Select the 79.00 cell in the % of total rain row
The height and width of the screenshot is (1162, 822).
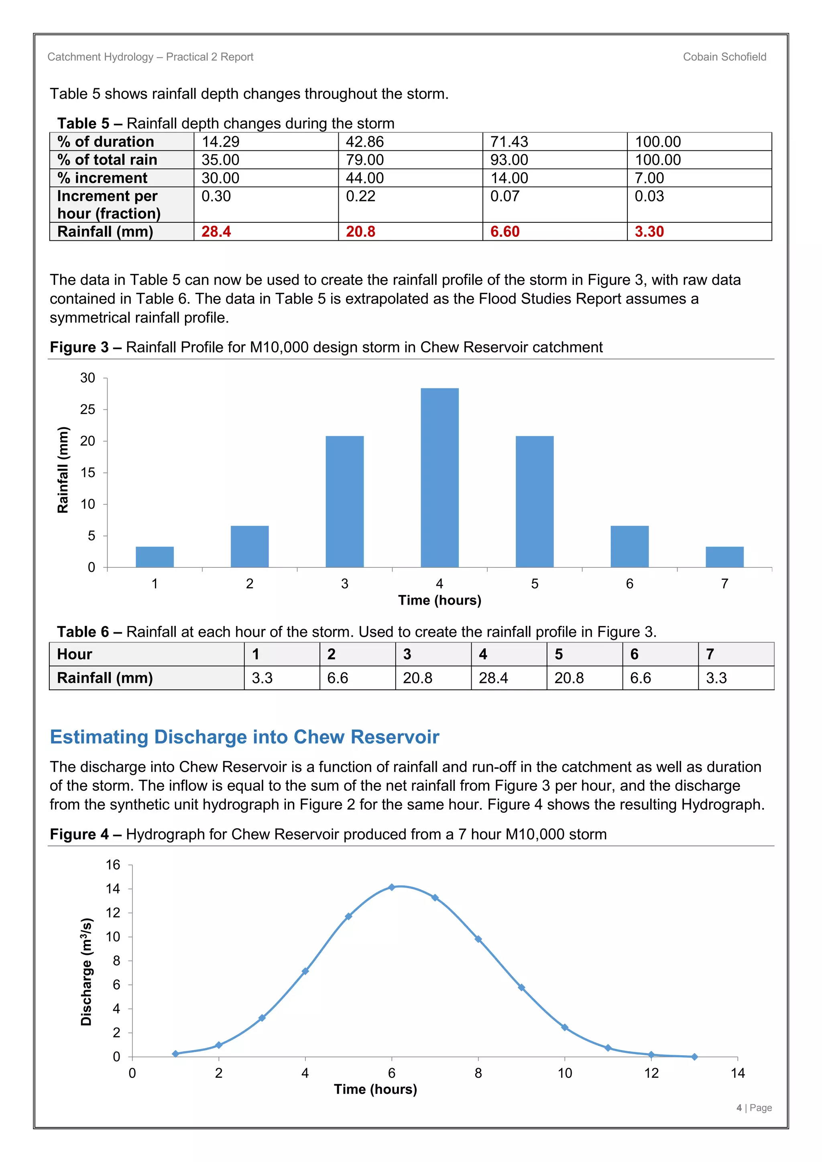pos(364,160)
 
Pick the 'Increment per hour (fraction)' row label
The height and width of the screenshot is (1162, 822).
pos(109,205)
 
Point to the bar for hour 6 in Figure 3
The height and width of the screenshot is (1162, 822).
pos(629,546)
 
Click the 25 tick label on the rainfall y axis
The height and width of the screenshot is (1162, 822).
pos(87,409)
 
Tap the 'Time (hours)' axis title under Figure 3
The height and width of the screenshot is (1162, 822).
pos(439,600)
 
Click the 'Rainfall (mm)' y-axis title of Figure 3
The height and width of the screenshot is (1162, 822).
pos(63,470)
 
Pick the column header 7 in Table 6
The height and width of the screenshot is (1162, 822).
pos(710,654)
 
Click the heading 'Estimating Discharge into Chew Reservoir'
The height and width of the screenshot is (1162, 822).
pos(244,737)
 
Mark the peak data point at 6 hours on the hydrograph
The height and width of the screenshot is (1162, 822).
pos(391,887)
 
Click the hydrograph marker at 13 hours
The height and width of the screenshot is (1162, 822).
pos(694,1057)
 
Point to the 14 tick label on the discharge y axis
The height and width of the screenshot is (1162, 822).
pos(113,889)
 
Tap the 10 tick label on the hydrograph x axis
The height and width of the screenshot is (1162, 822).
pos(564,1073)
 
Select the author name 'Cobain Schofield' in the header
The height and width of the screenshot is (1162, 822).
pos(724,57)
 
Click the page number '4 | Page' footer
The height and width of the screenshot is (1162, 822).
pos(754,1108)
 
